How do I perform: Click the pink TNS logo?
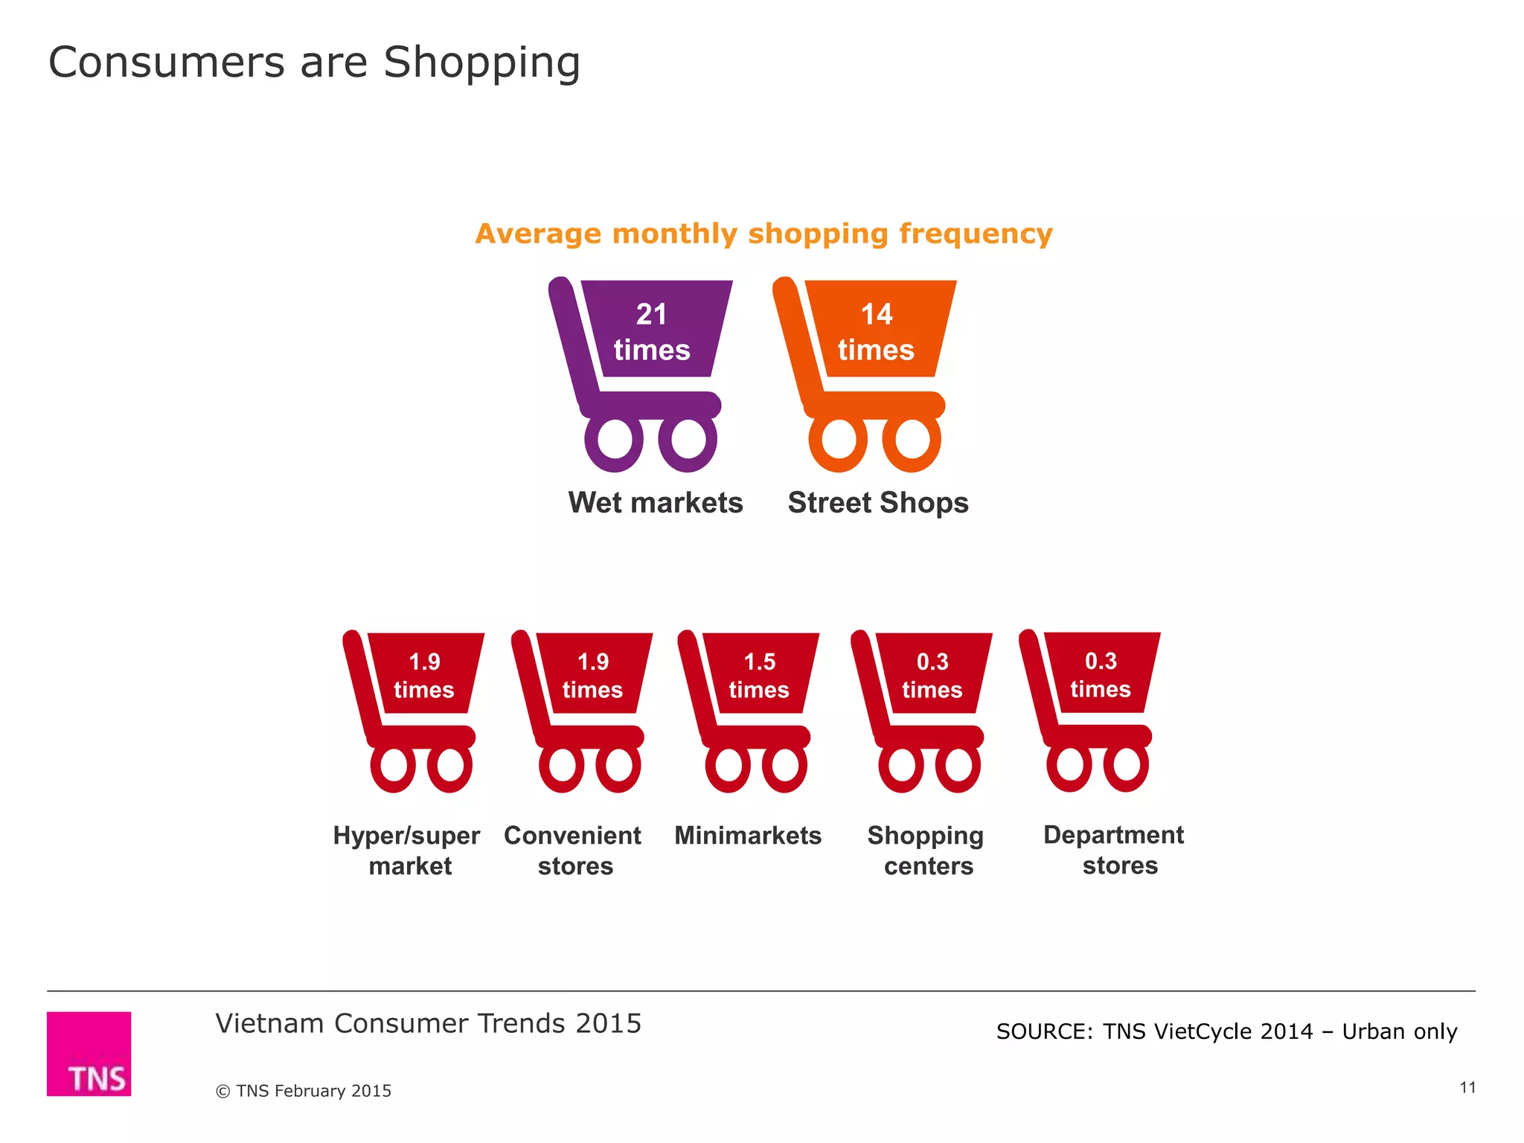89,1053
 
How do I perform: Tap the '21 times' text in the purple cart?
652,332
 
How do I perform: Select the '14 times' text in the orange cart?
877,332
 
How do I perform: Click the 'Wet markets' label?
656,503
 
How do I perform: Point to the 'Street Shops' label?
878,503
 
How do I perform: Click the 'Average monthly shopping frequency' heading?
764,234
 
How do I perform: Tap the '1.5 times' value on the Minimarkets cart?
759,676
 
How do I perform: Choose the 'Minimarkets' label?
748,836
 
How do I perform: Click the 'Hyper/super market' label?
407,851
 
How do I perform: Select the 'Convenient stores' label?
573,851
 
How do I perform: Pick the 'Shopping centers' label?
926,851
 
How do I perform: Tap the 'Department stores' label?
1115,850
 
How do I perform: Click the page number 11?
1467,1087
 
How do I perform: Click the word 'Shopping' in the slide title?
481,63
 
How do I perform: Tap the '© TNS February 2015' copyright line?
304,1091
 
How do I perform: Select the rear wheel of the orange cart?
839,441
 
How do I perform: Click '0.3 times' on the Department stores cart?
1101,675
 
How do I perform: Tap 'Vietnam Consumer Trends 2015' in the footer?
429,1024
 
